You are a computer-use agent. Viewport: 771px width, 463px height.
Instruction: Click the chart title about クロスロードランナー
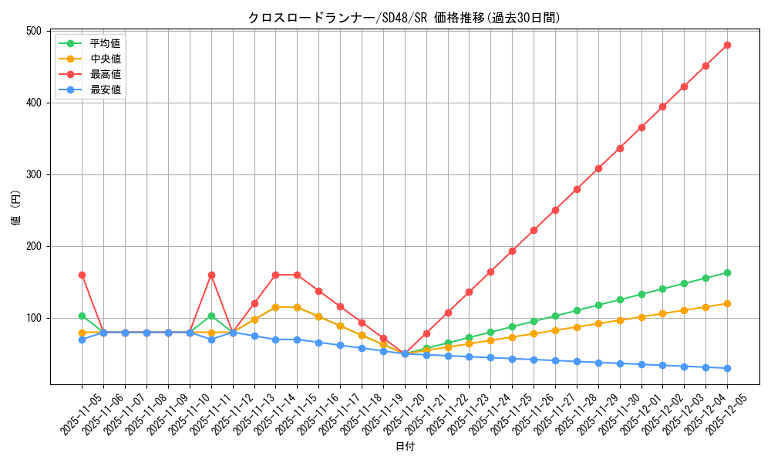click(x=404, y=18)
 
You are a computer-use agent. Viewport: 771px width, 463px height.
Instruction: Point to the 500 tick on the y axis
click(x=33, y=31)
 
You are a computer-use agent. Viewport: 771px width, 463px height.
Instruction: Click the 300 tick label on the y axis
click(x=33, y=174)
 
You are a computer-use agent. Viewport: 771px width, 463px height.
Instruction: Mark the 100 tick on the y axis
click(x=33, y=318)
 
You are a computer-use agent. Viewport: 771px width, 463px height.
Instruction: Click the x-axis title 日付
click(x=404, y=447)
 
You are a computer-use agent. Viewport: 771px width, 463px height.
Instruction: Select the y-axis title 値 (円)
click(x=16, y=208)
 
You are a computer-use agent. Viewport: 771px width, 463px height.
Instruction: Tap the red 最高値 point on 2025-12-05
click(x=727, y=45)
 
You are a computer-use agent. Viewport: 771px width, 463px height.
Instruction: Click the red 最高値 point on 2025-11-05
click(x=82, y=275)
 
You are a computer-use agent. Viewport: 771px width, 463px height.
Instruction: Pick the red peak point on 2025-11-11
click(x=211, y=275)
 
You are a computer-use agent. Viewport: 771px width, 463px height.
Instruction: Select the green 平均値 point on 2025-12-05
click(x=727, y=272)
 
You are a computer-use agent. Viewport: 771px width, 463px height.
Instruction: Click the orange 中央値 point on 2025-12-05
click(x=727, y=303)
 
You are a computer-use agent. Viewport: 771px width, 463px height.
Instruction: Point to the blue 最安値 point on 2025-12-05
click(x=727, y=368)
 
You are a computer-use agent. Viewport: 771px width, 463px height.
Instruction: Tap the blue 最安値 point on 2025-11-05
click(x=82, y=340)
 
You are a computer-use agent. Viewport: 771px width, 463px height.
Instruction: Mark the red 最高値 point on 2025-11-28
click(x=577, y=189)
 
